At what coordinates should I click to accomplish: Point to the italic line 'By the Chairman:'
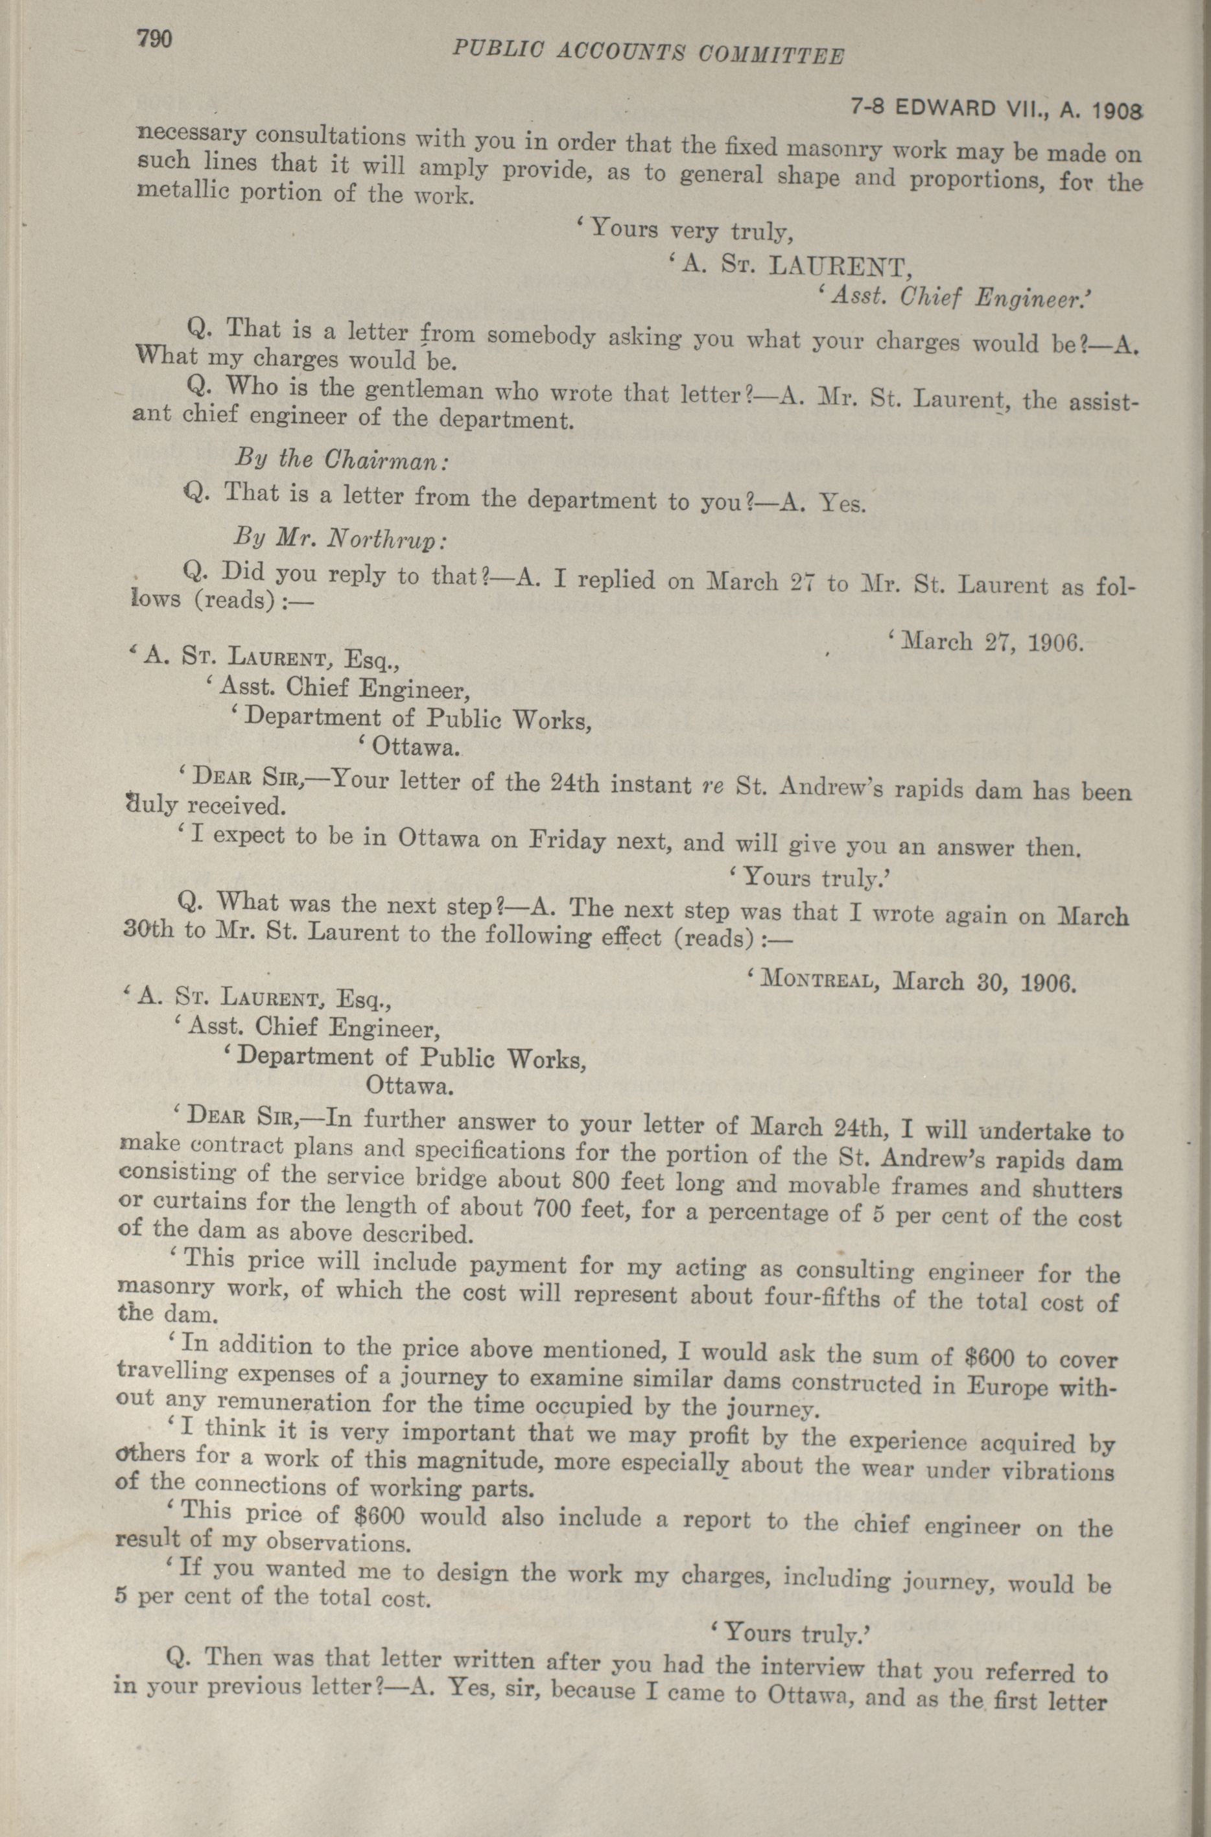tap(340, 460)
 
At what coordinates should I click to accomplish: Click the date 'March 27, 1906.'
tap(985, 642)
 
